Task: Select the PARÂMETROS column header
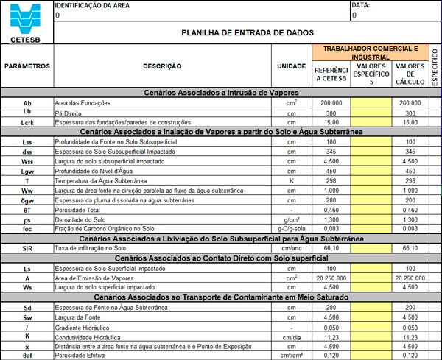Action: pos(27,66)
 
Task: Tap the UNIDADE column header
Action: pos(291,66)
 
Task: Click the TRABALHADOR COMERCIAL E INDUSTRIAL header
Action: pos(370,52)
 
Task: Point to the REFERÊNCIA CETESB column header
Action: pos(331,74)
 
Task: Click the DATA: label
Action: pos(361,5)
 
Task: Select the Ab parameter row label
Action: pos(27,103)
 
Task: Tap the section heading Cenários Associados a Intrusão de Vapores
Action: pos(221,93)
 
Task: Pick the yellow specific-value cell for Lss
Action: pos(371,141)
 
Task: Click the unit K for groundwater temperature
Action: pos(291,180)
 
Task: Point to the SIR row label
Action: pos(27,248)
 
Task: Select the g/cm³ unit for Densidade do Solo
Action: pos(291,219)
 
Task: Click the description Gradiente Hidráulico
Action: pos(85,325)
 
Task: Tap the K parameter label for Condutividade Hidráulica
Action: pos(27,335)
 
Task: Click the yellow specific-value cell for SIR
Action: pos(371,248)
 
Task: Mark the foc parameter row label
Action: pos(27,229)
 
